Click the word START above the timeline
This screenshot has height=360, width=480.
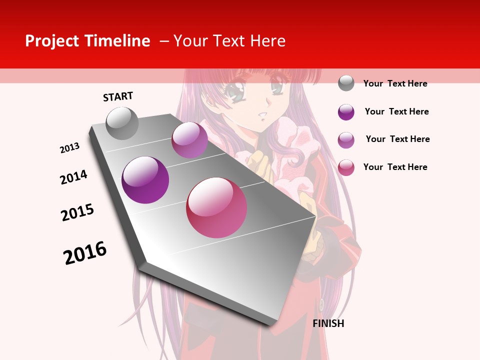point(118,96)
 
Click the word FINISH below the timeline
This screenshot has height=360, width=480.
point(328,323)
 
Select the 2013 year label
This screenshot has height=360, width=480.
point(69,148)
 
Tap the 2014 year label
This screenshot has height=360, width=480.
point(73,177)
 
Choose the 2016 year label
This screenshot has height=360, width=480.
point(85,253)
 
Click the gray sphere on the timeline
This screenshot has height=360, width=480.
point(122,123)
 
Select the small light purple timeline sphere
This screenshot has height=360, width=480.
point(189,140)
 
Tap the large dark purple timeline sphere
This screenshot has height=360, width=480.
point(145,180)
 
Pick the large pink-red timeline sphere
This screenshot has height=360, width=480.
point(216,207)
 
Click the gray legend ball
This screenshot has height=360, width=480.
point(346,83)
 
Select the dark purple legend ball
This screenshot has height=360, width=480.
point(346,112)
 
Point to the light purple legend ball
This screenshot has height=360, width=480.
point(346,140)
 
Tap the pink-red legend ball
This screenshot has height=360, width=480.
point(346,167)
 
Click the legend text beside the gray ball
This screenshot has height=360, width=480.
point(395,83)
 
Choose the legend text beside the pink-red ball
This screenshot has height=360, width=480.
point(395,167)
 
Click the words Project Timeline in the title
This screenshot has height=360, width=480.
point(87,41)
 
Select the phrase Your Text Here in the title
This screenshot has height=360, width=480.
point(229,41)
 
